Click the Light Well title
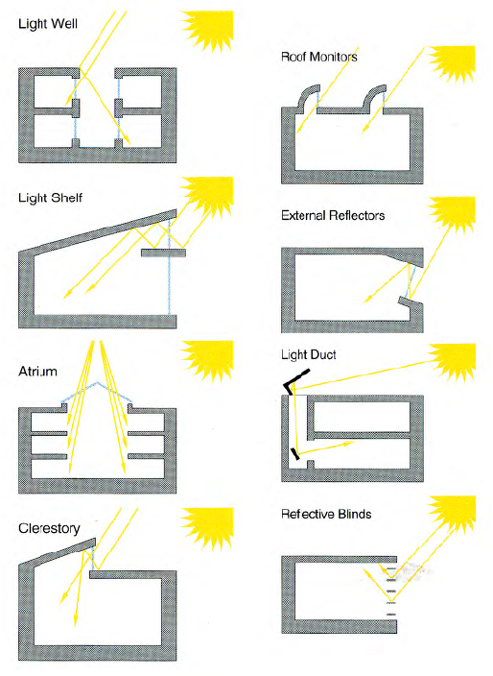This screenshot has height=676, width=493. click(x=48, y=24)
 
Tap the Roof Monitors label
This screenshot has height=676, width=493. click(x=319, y=57)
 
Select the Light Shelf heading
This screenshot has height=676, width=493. click(x=51, y=198)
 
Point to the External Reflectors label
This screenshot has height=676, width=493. click(x=333, y=215)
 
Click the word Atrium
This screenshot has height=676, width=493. click(x=38, y=372)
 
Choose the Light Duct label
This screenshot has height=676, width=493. click(x=309, y=355)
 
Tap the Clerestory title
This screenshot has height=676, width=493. click(x=49, y=528)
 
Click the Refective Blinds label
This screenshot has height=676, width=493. click(x=326, y=514)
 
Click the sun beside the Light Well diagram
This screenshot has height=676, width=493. click(x=207, y=29)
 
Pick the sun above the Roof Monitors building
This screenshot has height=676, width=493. click(x=453, y=63)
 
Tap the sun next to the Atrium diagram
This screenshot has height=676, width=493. click(x=208, y=359)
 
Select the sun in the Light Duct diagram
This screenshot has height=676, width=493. click(x=453, y=362)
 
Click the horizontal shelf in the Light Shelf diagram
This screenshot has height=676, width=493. click(x=164, y=253)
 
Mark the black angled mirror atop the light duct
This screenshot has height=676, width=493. click(x=295, y=380)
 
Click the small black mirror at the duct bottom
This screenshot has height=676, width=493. click(x=295, y=454)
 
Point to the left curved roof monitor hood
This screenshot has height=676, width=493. click(x=308, y=95)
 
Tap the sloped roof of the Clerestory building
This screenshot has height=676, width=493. click(x=58, y=554)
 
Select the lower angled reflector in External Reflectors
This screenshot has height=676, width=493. click(x=411, y=303)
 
